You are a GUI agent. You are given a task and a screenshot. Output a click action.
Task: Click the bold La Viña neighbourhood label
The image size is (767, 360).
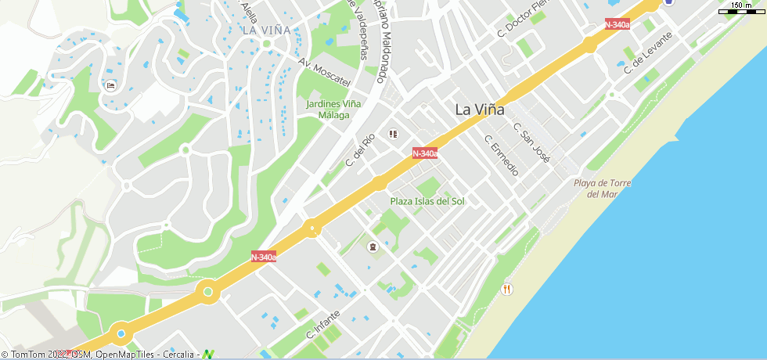480,110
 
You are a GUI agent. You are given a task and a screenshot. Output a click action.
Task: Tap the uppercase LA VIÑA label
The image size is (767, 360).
266,31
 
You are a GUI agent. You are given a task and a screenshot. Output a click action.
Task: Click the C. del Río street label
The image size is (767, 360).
361,150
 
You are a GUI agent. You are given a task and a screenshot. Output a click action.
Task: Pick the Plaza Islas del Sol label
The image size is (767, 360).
427,201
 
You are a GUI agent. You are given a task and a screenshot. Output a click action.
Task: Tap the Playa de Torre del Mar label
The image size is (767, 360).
602,189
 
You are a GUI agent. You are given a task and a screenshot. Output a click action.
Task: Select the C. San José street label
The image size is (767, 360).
532,142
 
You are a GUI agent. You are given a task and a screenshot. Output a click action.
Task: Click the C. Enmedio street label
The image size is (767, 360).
502,155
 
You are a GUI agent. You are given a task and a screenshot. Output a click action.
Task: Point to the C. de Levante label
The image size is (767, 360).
648,52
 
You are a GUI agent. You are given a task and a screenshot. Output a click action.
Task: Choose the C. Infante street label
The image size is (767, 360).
323,325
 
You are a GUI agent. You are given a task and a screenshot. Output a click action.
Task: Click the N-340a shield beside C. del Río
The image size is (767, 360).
424,153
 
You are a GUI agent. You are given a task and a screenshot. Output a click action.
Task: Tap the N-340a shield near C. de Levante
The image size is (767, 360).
618,24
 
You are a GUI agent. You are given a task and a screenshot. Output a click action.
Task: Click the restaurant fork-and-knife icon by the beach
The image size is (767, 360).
507,289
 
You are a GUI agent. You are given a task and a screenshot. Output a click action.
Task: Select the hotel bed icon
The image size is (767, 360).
110,85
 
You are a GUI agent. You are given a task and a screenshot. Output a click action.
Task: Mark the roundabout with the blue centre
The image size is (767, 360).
121,334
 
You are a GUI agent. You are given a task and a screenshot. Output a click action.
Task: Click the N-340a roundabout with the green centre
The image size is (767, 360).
207,292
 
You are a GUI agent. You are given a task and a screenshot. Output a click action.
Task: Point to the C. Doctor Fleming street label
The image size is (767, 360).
520,23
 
